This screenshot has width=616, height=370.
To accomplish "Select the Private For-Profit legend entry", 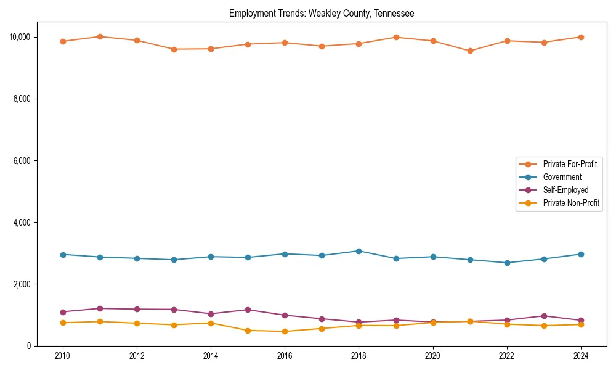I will point(570,164).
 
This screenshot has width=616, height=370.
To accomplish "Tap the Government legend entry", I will point(562,177).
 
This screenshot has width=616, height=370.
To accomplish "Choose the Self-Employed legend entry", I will point(565,190).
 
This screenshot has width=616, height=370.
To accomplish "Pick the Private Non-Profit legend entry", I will point(571,203).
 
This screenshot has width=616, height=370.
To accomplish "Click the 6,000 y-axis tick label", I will point(22,160).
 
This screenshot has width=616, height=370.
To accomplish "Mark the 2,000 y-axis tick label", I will point(22,284).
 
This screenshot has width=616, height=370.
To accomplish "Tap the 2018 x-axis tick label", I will point(359,356).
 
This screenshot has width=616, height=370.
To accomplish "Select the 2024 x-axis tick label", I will point(581,356).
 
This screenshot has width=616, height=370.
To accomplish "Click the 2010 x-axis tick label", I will point(62,356).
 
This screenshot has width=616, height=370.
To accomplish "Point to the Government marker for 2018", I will point(359,251).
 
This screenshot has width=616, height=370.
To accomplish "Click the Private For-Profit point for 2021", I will point(470,51).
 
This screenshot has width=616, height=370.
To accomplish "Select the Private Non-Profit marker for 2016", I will point(285,331).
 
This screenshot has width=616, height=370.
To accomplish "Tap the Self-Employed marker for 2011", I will point(100,308).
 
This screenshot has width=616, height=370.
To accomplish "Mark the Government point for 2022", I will point(507,263).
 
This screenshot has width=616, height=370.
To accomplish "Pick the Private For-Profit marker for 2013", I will point(174,49).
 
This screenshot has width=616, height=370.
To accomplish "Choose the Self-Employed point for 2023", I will point(544,316).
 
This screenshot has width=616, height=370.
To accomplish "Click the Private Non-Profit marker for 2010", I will point(62,323).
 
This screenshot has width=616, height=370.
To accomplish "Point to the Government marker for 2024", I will point(581,254).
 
